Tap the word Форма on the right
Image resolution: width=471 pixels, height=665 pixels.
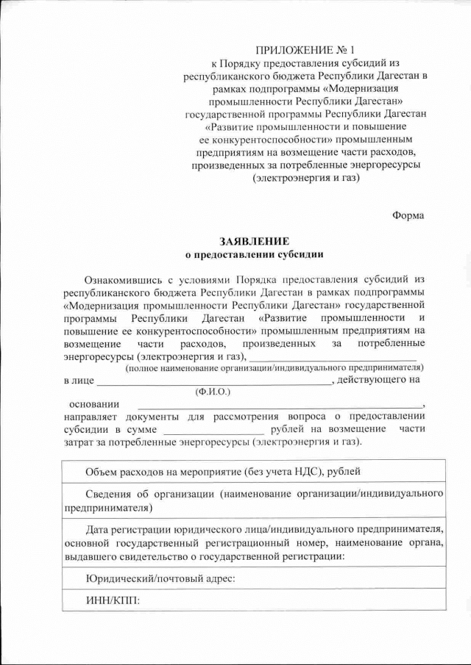tap(408, 215)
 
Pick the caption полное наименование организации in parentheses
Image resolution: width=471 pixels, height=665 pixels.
tap(274, 367)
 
